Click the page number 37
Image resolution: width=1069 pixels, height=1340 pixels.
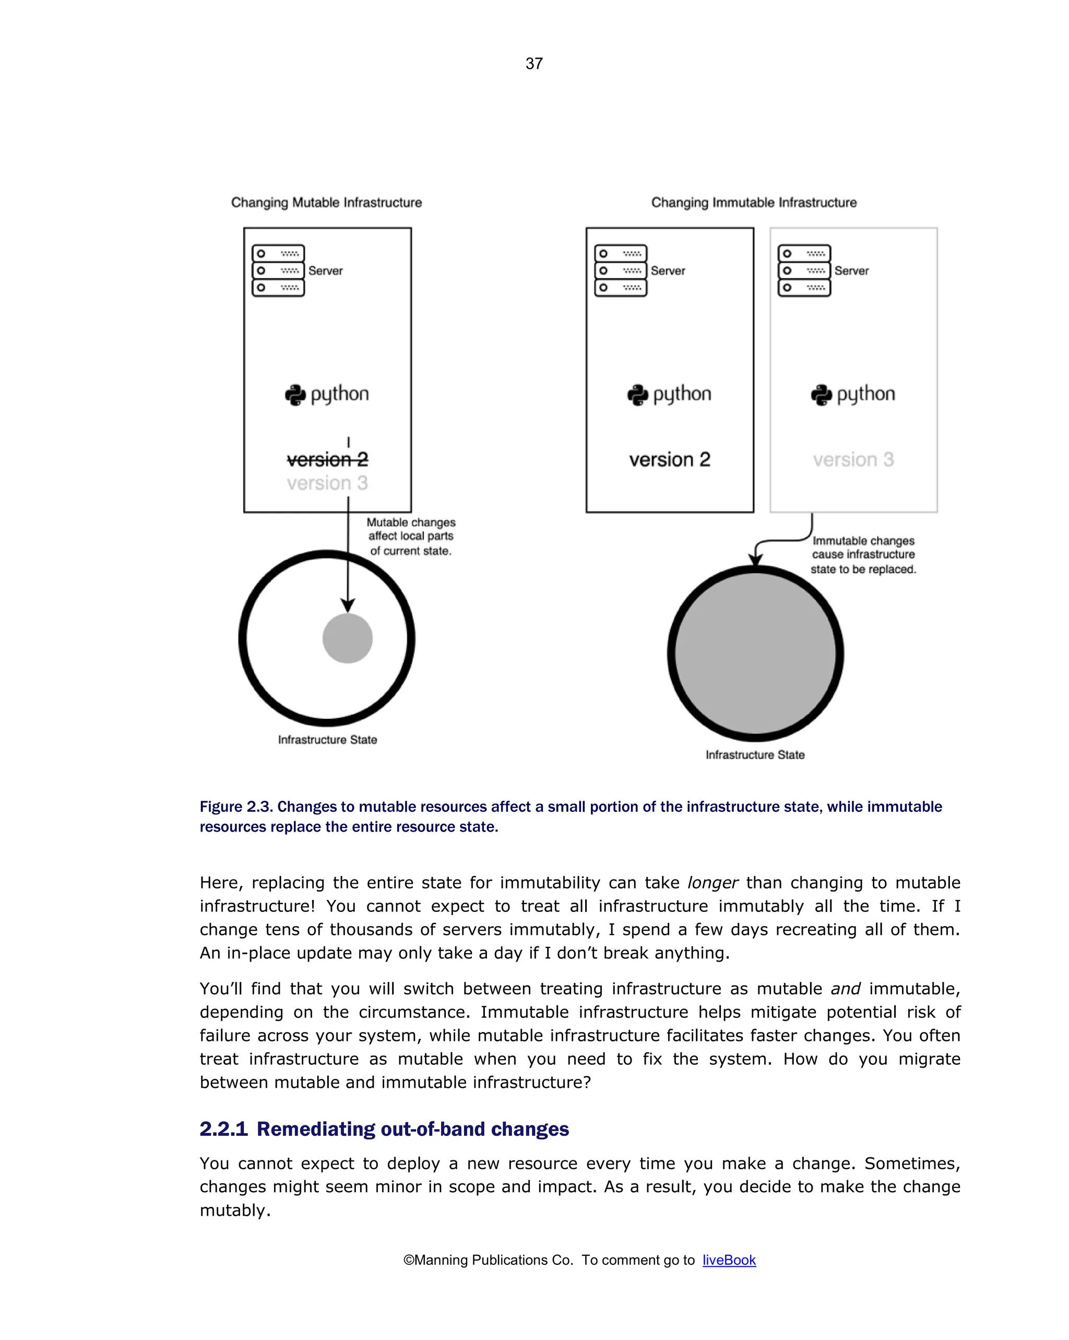(534, 63)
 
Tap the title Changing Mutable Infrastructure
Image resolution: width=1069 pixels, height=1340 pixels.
(326, 203)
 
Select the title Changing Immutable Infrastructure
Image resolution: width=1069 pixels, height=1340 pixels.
(753, 203)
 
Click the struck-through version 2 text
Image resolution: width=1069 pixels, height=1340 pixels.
(327, 459)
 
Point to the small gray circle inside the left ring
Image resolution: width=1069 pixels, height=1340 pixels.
(348, 638)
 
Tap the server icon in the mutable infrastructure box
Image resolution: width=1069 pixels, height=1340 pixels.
(278, 270)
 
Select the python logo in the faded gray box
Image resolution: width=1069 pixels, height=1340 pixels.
(822, 395)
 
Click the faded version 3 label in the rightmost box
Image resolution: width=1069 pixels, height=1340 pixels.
(853, 460)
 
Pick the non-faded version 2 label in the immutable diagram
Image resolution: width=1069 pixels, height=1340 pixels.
(669, 460)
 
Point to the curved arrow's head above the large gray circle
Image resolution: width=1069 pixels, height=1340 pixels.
(755, 560)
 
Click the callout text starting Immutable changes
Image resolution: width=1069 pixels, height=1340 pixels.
(863, 555)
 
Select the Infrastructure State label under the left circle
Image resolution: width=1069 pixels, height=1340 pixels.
(327, 740)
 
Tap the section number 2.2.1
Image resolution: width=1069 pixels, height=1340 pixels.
(223, 1129)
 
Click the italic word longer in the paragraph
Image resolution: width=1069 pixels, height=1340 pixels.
(712, 883)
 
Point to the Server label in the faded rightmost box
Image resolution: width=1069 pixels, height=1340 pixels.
(851, 271)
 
